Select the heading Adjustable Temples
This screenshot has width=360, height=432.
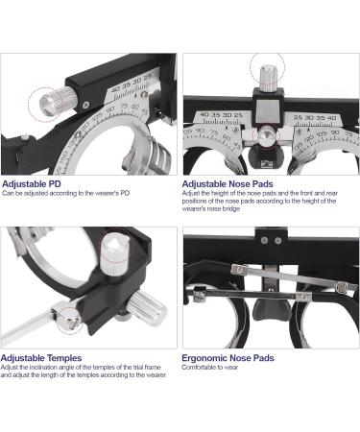(x=41, y=357)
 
